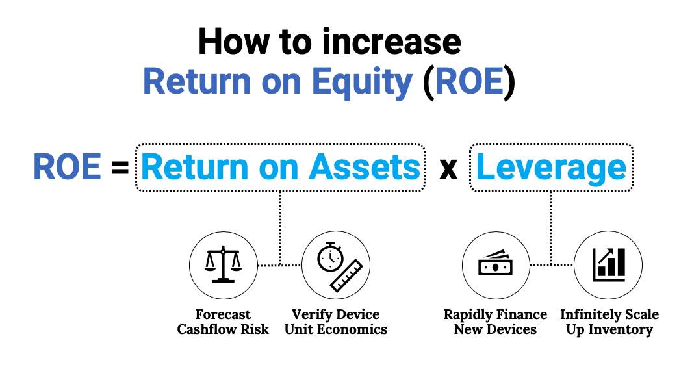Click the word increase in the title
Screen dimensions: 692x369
[391, 42]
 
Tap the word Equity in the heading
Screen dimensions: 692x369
[362, 83]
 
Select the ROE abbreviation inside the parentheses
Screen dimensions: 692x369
[468, 81]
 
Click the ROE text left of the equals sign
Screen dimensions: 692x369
[68, 167]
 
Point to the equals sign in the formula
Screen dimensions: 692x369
[120, 168]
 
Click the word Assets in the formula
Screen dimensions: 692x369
[365, 167]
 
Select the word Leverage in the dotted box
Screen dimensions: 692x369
[551, 168]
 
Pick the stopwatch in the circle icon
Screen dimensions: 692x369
[330, 257]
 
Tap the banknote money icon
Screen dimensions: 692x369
[496, 263]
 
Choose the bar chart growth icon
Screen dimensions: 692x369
[609, 264]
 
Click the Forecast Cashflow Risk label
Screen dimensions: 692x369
[223, 322]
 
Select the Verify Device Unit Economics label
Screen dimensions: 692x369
[336, 322]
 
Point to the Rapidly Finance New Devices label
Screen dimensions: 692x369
[495, 322]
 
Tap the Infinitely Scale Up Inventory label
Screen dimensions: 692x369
[609, 322]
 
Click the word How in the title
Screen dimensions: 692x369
[234, 42]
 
